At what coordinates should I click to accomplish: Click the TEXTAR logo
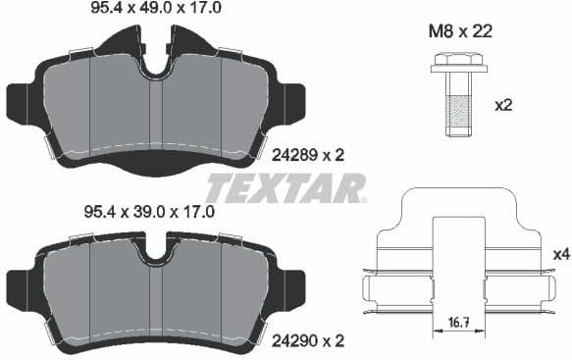point(286,187)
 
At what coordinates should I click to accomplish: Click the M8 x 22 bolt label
point(460,31)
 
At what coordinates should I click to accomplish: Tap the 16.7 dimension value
point(457,322)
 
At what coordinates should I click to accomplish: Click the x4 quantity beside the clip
point(561,254)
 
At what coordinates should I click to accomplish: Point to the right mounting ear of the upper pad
point(296,101)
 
